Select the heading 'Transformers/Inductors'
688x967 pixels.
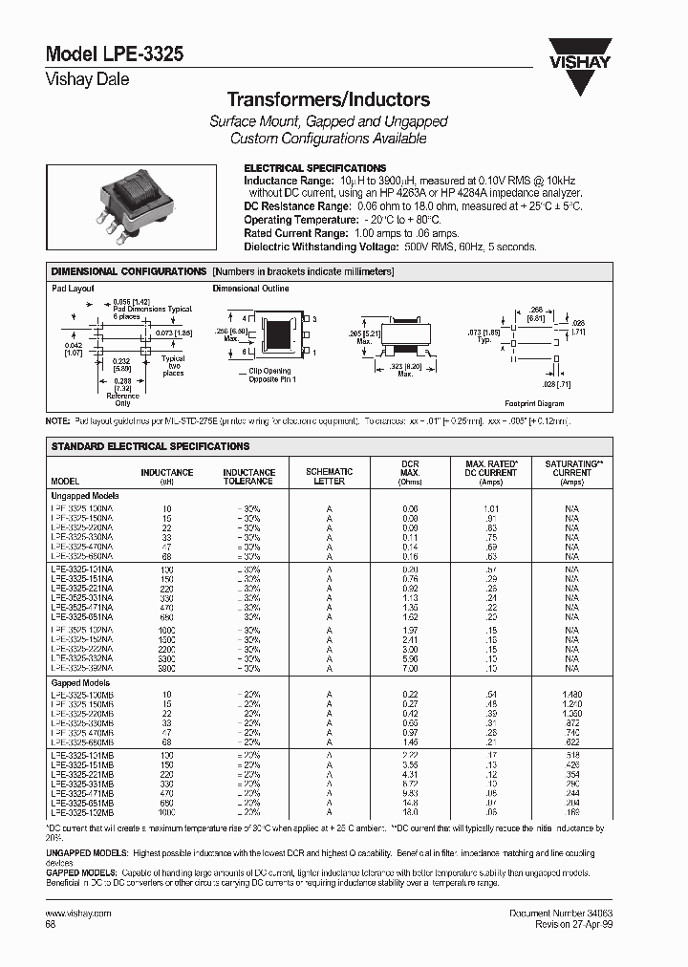point(328,99)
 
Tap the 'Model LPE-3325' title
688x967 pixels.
point(114,55)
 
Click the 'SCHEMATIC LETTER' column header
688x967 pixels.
point(329,476)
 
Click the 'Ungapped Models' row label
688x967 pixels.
point(84,496)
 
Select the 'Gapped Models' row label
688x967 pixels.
point(80,683)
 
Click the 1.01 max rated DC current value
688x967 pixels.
point(491,509)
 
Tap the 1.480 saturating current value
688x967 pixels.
point(571,696)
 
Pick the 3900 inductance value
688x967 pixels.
point(166,670)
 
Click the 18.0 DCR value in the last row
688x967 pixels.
point(410,811)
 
